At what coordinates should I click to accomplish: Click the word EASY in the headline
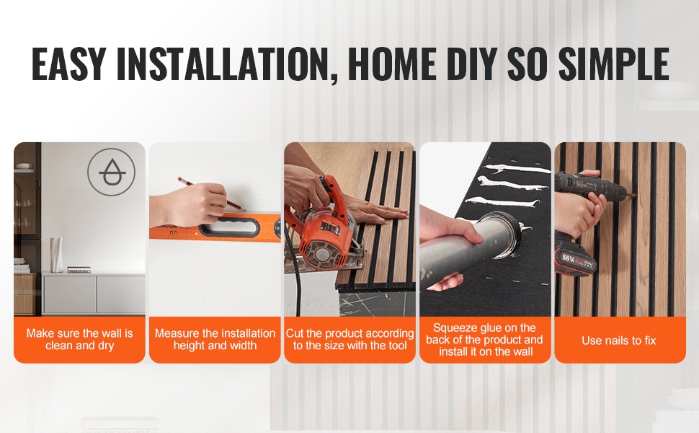click(x=68, y=64)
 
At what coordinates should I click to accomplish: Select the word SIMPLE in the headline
click(x=613, y=64)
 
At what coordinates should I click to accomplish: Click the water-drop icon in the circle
click(x=112, y=172)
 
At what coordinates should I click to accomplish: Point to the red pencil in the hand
click(x=210, y=194)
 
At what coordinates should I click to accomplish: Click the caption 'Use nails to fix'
click(x=619, y=341)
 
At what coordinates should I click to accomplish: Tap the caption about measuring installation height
click(x=215, y=339)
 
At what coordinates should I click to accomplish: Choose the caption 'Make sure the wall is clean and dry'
click(x=79, y=339)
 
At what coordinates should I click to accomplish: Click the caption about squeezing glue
click(x=485, y=340)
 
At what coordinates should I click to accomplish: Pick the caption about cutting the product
click(x=350, y=339)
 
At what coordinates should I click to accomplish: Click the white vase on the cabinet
click(x=56, y=255)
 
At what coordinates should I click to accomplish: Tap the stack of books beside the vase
click(x=79, y=270)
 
